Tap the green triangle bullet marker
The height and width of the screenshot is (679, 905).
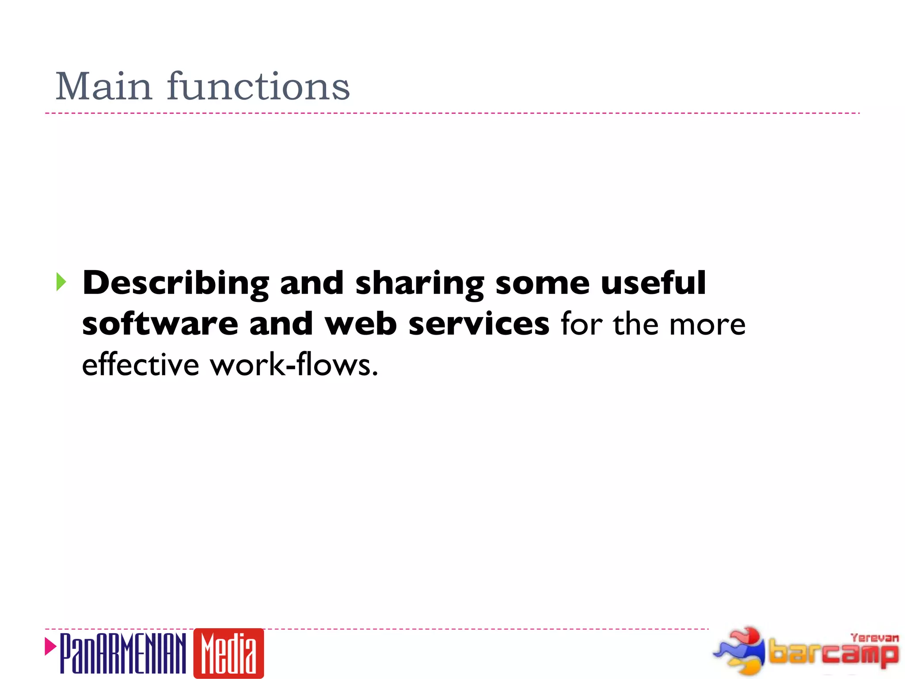coord(61,282)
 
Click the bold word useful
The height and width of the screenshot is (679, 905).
coord(653,283)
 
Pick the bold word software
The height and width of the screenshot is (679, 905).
coord(160,324)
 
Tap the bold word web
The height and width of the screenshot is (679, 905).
coord(361,324)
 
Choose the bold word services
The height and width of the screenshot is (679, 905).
coord(479,324)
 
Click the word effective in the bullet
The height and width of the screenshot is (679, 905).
coord(141,365)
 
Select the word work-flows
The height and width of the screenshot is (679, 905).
coord(294,365)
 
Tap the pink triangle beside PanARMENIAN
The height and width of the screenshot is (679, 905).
coord(50,646)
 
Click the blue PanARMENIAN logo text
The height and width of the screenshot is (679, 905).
coord(123,653)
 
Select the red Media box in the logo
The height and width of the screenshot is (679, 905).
coord(228,653)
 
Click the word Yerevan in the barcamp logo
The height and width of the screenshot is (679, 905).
coord(875,638)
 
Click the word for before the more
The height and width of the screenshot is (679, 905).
coord(582,324)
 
